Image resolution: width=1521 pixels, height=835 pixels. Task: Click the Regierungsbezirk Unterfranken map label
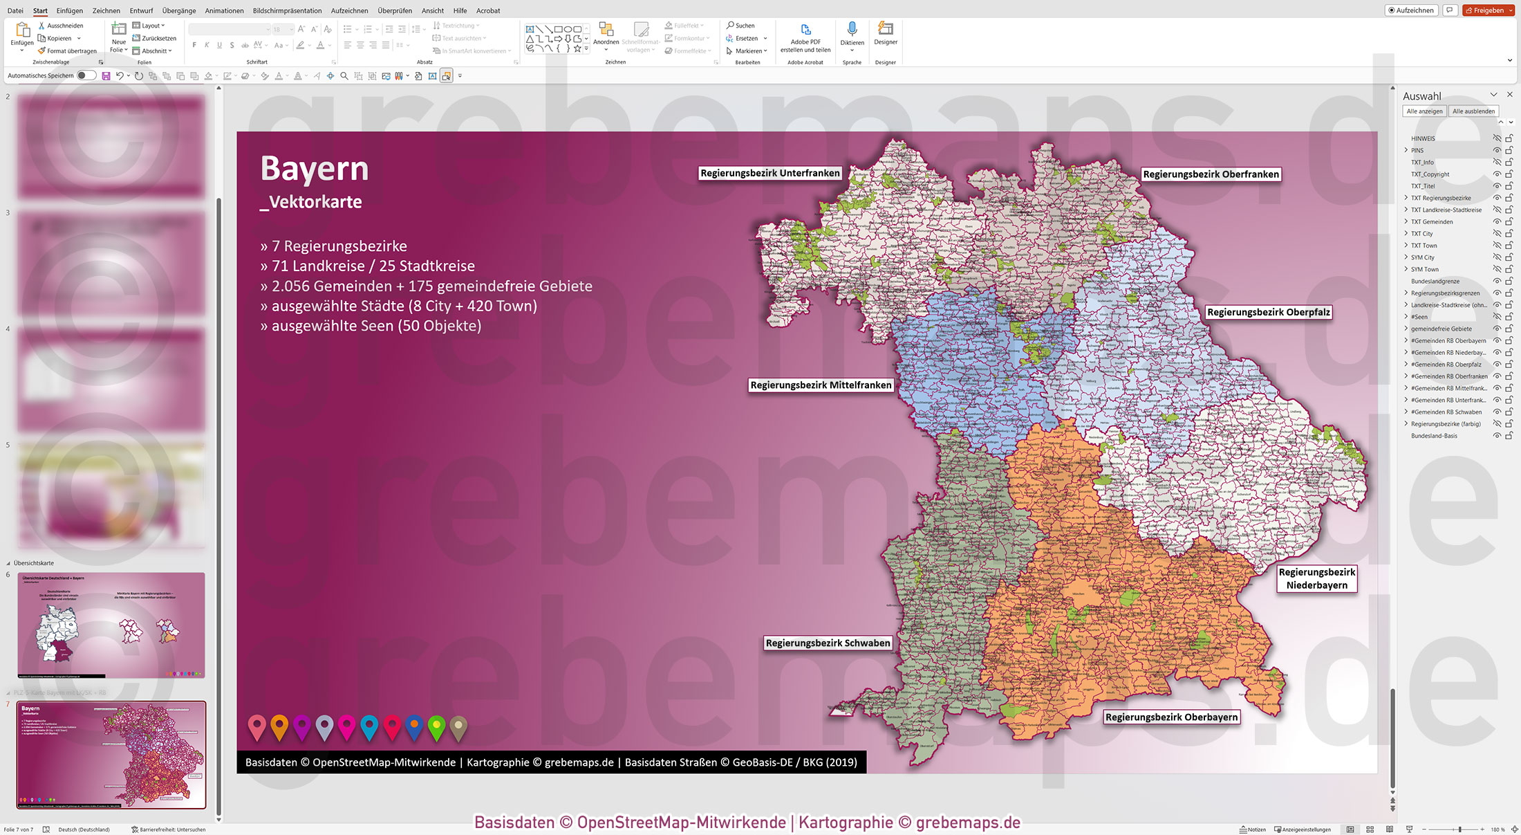(x=769, y=173)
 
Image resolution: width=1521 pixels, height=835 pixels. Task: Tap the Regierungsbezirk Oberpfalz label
(x=1268, y=312)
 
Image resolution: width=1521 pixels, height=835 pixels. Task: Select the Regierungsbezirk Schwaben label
(x=828, y=643)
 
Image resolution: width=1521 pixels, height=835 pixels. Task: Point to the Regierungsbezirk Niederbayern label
(x=1316, y=578)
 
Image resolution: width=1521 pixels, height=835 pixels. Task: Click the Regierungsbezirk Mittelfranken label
(x=821, y=385)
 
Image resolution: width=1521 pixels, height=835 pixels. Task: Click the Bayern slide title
(x=315, y=169)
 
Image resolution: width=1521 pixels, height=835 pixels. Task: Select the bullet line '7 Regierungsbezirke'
(x=339, y=246)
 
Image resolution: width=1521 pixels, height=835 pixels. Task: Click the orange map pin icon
(x=279, y=726)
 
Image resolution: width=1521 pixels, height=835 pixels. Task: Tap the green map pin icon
(x=436, y=726)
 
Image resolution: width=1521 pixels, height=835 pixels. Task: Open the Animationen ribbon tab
(x=224, y=10)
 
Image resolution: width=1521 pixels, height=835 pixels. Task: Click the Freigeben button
(x=1489, y=10)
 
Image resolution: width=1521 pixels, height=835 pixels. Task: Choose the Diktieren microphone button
(x=852, y=35)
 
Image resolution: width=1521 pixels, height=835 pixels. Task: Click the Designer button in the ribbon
(x=885, y=35)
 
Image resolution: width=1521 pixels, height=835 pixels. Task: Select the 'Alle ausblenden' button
(x=1473, y=111)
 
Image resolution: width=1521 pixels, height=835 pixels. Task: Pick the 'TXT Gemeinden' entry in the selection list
(x=1432, y=222)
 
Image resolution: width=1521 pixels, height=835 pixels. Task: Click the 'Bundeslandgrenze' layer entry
(x=1435, y=282)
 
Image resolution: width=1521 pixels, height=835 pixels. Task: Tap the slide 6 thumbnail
(x=111, y=625)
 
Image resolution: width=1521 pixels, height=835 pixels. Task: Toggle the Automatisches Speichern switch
(x=86, y=75)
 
